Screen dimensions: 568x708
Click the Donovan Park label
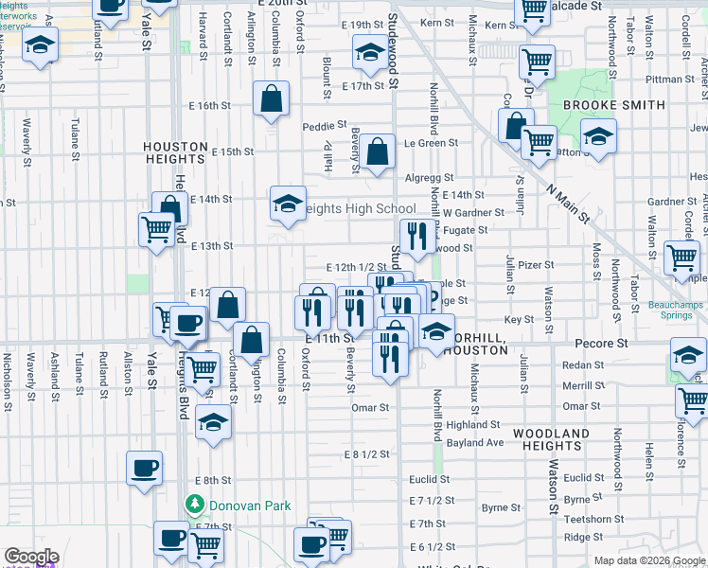tap(250, 506)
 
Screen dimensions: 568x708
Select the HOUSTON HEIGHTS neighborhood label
tap(175, 147)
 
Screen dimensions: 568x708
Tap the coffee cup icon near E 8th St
tap(145, 469)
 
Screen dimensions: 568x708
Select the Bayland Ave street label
tap(475, 442)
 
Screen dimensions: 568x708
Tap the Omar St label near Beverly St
tap(370, 408)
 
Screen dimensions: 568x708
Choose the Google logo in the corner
tap(31, 558)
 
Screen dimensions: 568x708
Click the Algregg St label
tap(431, 178)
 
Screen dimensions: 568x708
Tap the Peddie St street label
tap(320, 126)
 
